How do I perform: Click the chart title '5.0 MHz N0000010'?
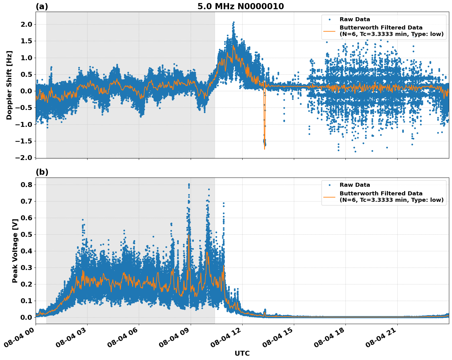click(240, 6)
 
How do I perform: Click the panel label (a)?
click(42, 6)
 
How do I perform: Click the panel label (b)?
click(42, 172)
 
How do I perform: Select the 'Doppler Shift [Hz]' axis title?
click(9, 85)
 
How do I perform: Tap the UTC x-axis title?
click(242, 353)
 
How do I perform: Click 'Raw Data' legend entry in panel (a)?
click(355, 19)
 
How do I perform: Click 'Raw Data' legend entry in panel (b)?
click(355, 185)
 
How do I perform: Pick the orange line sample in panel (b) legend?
click(329, 197)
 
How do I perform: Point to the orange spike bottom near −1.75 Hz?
click(264, 149)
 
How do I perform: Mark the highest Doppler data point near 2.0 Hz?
click(234, 22)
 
